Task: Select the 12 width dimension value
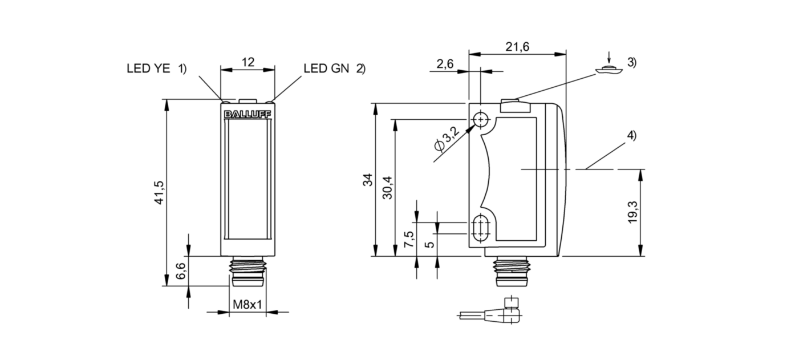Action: point(248,62)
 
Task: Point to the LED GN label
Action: point(327,69)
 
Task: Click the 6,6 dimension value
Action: point(180,271)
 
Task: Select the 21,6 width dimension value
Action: point(517,47)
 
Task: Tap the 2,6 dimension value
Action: point(445,64)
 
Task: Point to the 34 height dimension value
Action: point(369,179)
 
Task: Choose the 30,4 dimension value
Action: point(389,187)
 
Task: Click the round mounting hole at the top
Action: point(482,120)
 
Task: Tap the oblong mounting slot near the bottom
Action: point(482,228)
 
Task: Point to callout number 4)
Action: point(631,136)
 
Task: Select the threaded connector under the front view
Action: point(248,272)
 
